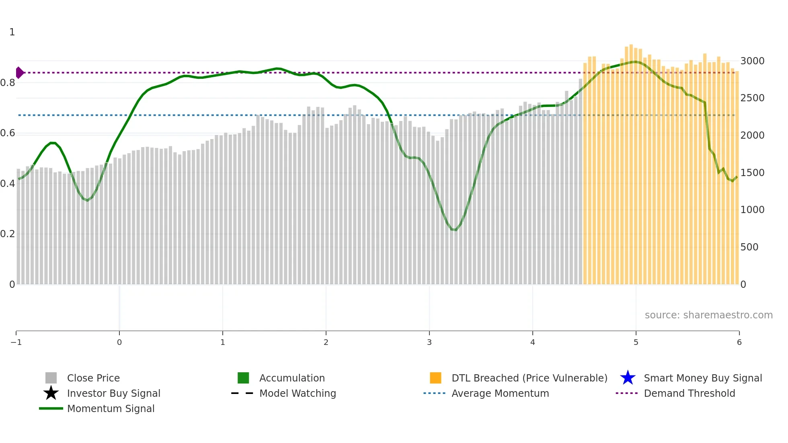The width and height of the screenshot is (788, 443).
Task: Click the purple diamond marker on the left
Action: click(x=19, y=73)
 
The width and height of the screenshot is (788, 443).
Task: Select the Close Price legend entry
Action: click(x=93, y=378)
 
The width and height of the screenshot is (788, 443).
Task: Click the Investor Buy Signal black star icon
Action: click(x=51, y=393)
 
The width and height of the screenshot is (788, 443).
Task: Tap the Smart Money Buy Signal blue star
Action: click(x=628, y=378)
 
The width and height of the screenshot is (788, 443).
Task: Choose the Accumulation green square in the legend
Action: click(x=243, y=378)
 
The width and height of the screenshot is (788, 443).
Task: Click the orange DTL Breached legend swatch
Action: click(x=435, y=378)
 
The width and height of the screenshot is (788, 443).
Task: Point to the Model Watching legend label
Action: click(x=298, y=393)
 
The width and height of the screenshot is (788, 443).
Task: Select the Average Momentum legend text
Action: click(x=500, y=393)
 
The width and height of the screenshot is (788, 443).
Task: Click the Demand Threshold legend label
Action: click(x=689, y=393)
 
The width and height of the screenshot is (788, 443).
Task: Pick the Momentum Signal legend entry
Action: click(x=111, y=408)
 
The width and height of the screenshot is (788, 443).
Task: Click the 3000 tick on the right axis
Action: click(x=752, y=61)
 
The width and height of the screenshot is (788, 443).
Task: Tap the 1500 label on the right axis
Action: click(x=752, y=173)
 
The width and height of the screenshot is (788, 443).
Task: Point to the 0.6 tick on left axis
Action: click(x=8, y=133)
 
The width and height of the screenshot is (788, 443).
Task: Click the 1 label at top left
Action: click(x=12, y=32)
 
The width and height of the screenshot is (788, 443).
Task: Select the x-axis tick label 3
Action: click(x=429, y=342)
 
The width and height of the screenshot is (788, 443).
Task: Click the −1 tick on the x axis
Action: click(x=16, y=342)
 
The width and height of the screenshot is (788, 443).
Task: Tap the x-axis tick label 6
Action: click(x=739, y=342)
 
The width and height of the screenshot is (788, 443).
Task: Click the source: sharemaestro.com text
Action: click(x=708, y=315)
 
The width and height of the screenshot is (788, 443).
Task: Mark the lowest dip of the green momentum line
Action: click(x=454, y=230)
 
